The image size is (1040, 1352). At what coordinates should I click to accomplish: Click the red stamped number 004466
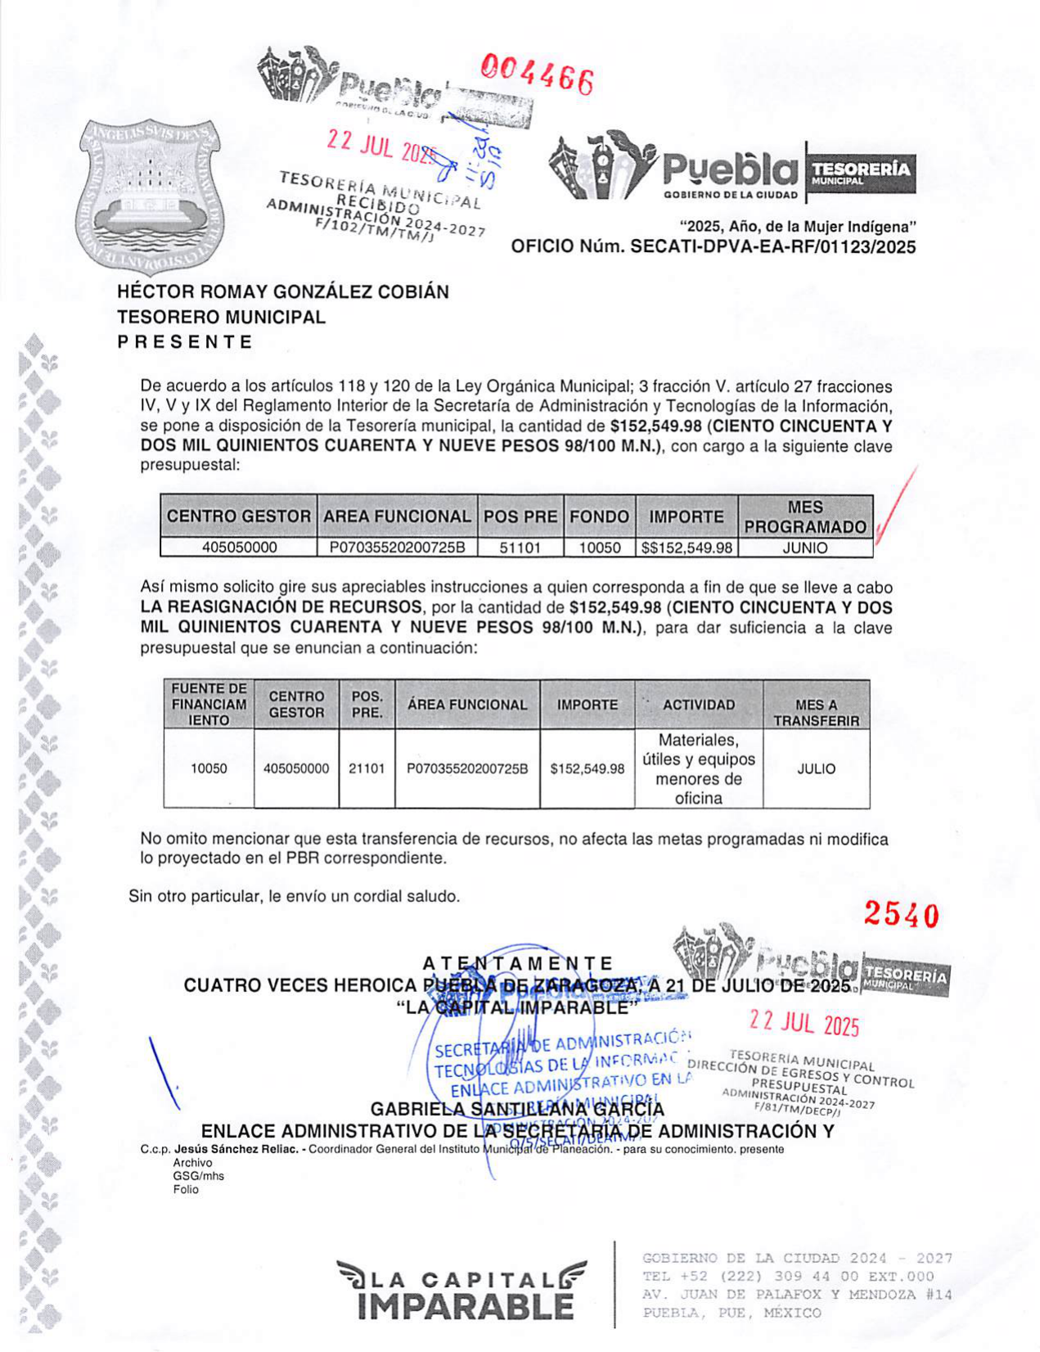[537, 76]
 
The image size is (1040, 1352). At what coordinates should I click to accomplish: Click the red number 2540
[902, 916]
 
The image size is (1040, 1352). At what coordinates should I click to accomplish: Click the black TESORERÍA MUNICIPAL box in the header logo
[860, 173]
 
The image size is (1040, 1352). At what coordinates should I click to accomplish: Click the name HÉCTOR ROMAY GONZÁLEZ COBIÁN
[283, 292]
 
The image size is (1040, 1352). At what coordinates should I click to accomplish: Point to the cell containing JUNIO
[805, 548]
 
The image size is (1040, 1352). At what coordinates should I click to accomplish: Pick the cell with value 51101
[520, 548]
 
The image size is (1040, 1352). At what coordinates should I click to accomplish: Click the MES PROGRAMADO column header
[805, 517]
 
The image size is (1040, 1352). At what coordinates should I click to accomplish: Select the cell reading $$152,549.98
[687, 548]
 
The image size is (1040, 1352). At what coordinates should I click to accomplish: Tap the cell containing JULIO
[816, 769]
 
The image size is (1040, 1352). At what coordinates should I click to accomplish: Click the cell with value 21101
[367, 769]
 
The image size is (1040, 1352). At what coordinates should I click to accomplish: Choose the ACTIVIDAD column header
[698, 705]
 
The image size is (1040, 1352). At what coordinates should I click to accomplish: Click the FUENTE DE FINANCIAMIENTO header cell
[209, 705]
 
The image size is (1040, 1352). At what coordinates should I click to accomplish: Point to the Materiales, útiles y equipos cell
[698, 769]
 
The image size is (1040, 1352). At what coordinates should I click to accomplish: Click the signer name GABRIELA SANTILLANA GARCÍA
[517, 1109]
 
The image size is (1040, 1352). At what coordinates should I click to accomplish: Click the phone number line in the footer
[788, 1277]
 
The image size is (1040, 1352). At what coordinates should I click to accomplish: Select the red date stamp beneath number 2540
[804, 1024]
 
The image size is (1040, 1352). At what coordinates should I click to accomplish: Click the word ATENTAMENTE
[517, 963]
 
